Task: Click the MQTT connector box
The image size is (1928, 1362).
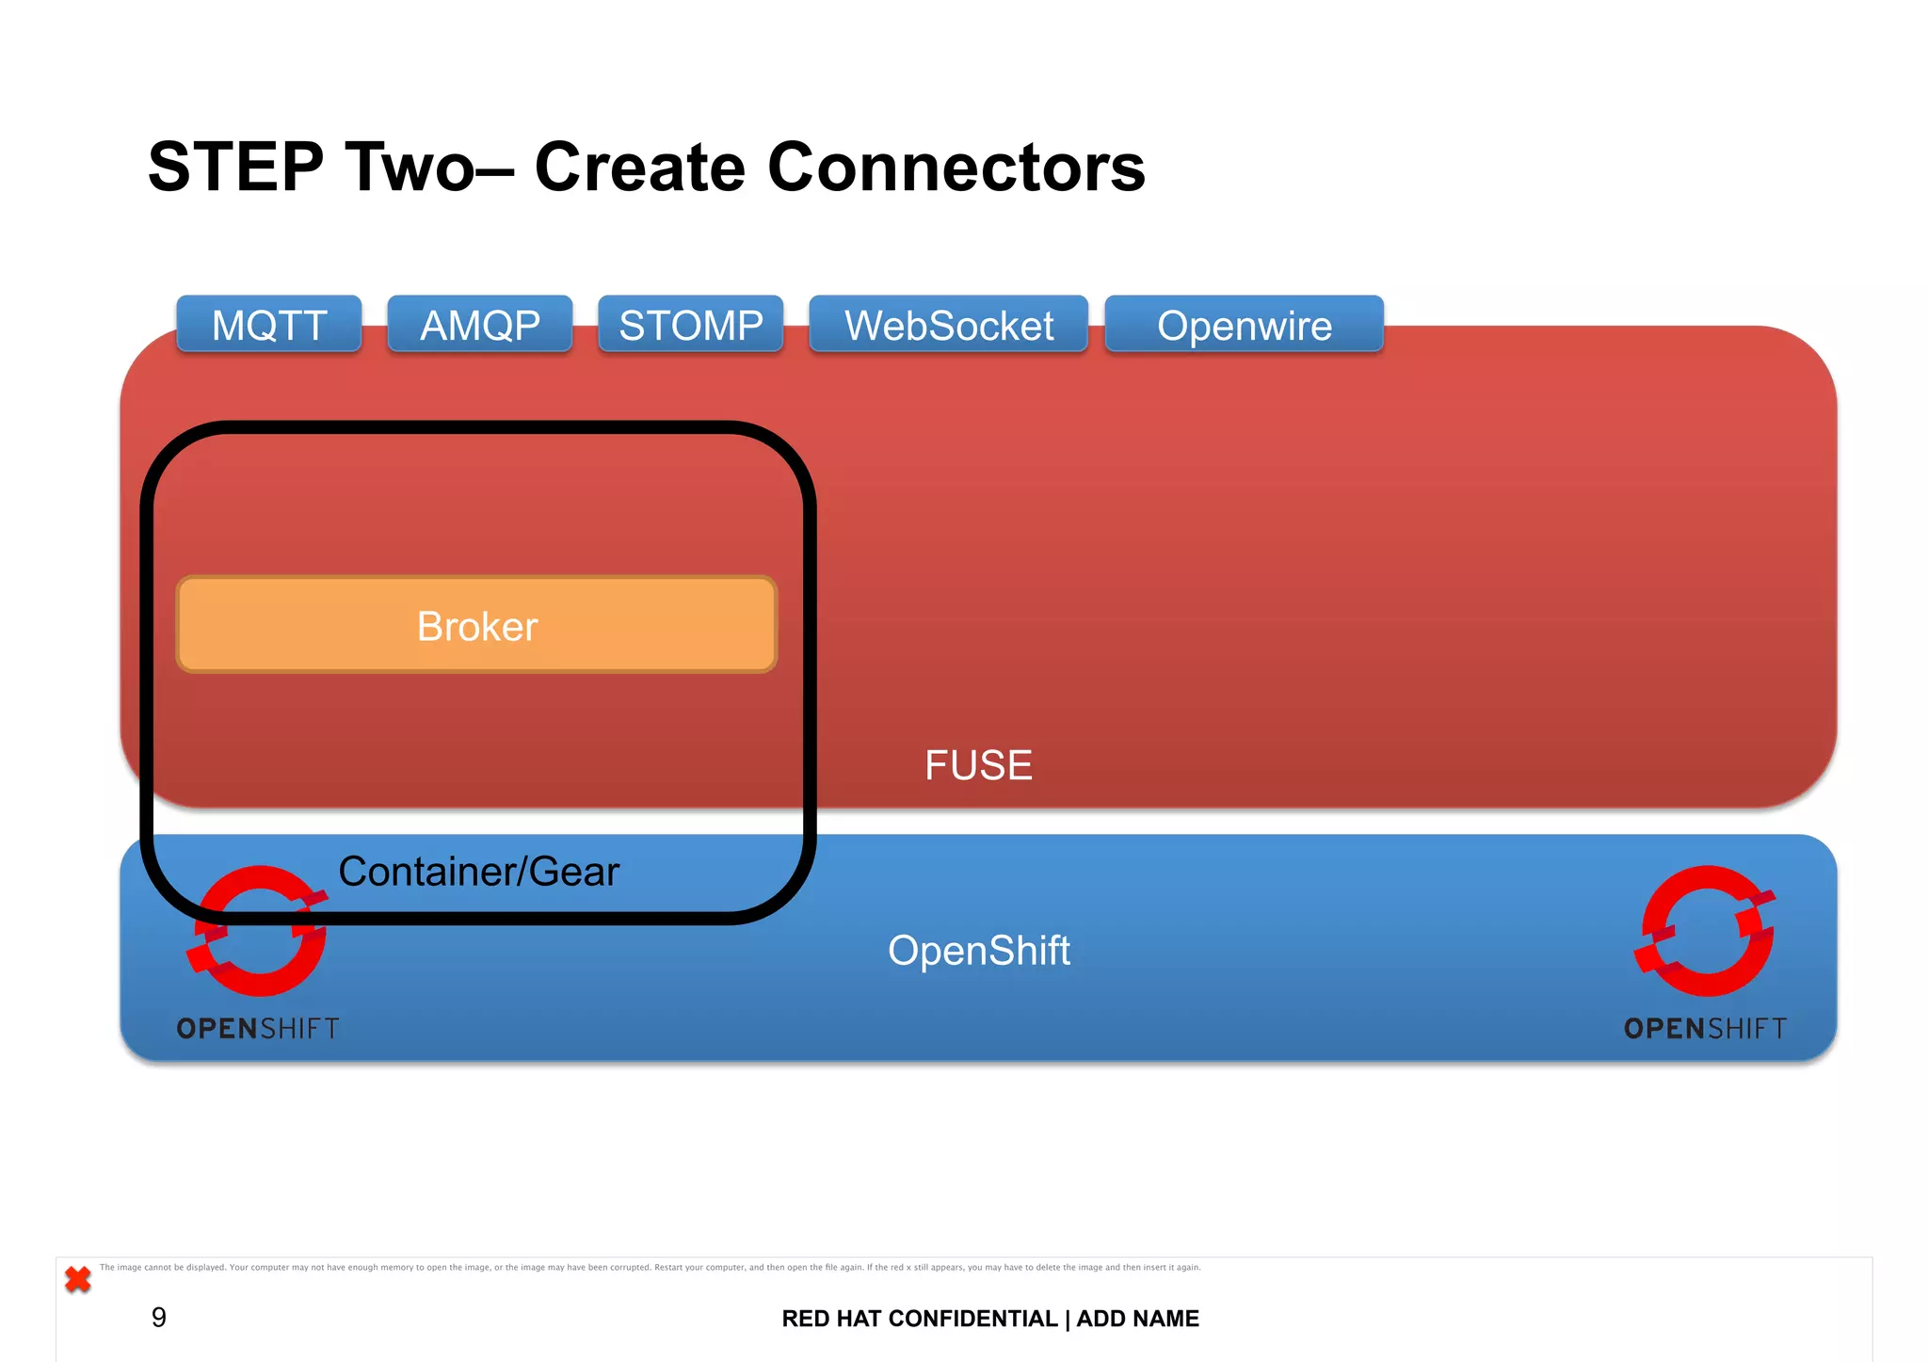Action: [x=269, y=325]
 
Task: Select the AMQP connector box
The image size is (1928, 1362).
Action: [x=480, y=325]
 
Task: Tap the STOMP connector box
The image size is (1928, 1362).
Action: [x=691, y=325]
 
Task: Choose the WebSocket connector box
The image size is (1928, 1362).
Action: [x=949, y=325]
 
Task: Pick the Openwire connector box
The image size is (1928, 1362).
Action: [x=1244, y=325]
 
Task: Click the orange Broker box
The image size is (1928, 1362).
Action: [x=476, y=625]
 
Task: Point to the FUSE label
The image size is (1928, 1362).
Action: [x=978, y=764]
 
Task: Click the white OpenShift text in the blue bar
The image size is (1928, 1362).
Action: [x=978, y=950]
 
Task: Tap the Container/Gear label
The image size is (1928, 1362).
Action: [x=478, y=871]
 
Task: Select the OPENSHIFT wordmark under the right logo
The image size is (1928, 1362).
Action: [x=1705, y=1028]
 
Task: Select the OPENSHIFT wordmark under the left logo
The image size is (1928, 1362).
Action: [x=258, y=1028]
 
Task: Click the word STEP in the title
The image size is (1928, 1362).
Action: [x=235, y=168]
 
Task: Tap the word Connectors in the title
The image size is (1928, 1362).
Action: [x=956, y=168]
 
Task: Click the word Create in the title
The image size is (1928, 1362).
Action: [x=640, y=168]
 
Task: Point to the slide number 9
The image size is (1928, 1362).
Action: [x=159, y=1317]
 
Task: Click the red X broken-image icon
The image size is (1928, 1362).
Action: [x=78, y=1279]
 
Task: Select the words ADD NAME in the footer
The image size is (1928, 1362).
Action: [x=1137, y=1319]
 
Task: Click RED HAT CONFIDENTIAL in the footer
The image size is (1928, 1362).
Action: [x=919, y=1319]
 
